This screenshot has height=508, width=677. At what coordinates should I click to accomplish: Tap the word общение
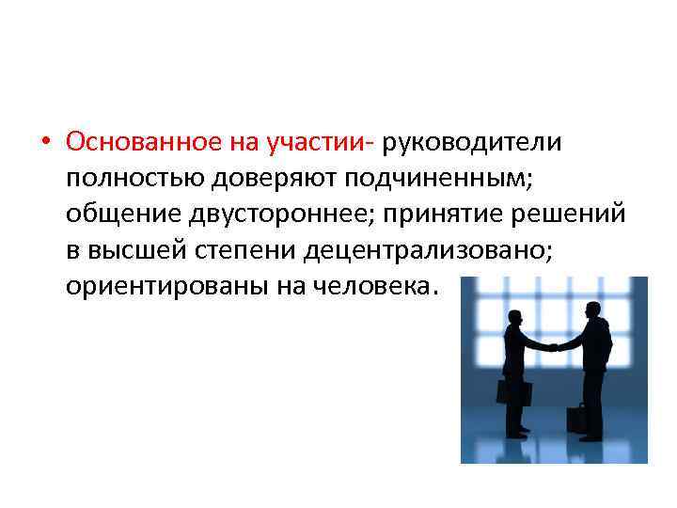[x=118, y=214]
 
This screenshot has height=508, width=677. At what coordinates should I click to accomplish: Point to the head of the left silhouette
[x=516, y=317]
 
